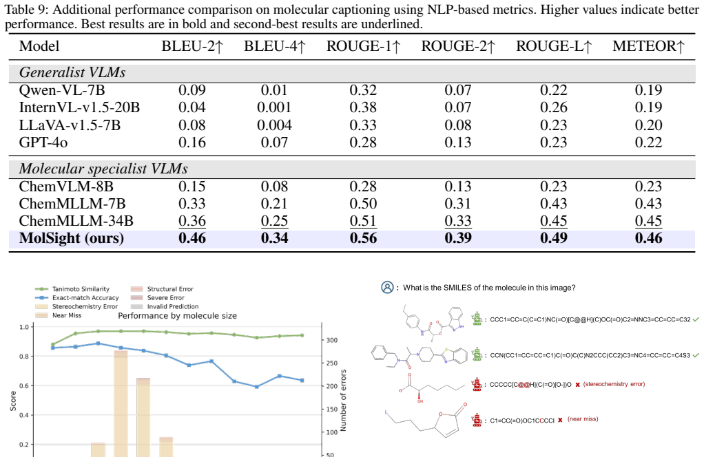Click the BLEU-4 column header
[x=274, y=46]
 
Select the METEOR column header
[x=649, y=46]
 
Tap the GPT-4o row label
[x=43, y=142]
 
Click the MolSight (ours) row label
[x=72, y=238]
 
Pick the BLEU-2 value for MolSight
[x=192, y=238]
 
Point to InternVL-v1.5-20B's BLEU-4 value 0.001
[x=274, y=107]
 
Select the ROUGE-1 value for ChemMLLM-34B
[x=363, y=221]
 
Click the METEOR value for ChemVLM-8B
[x=649, y=187]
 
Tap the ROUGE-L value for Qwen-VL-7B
[x=554, y=90]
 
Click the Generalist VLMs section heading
[x=72, y=73]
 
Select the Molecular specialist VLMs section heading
[x=103, y=169]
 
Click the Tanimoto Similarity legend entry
[x=73, y=289]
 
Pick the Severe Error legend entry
[x=158, y=298]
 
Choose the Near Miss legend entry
[x=59, y=315]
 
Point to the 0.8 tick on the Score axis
[x=24, y=357]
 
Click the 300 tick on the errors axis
[x=332, y=341]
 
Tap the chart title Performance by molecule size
[x=177, y=316]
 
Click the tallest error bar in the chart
[x=121, y=403]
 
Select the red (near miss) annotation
[x=583, y=419]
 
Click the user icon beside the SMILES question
[x=387, y=288]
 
